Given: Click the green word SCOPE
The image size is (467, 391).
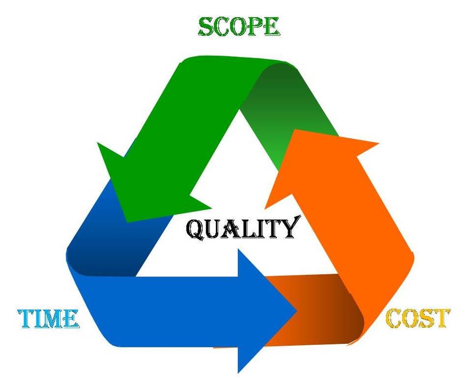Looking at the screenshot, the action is (238, 27).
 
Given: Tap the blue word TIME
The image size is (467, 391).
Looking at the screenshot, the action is (48, 319).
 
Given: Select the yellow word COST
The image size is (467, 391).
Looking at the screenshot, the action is (417, 318).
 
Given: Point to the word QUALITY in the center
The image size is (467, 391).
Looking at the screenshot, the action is (242, 228).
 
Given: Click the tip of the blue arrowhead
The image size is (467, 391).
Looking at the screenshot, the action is (296, 311).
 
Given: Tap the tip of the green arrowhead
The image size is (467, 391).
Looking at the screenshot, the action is (128, 222).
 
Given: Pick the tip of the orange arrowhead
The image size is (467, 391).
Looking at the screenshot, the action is (294, 130).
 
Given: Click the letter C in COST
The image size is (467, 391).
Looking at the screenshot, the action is (394, 318).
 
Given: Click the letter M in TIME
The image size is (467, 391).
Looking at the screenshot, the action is (56, 319).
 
